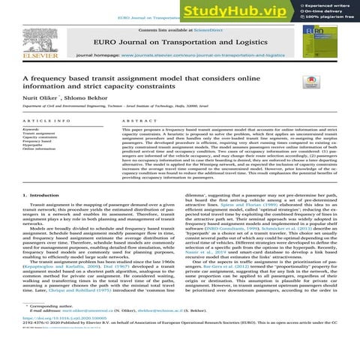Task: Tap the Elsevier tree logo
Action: [28, 44]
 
